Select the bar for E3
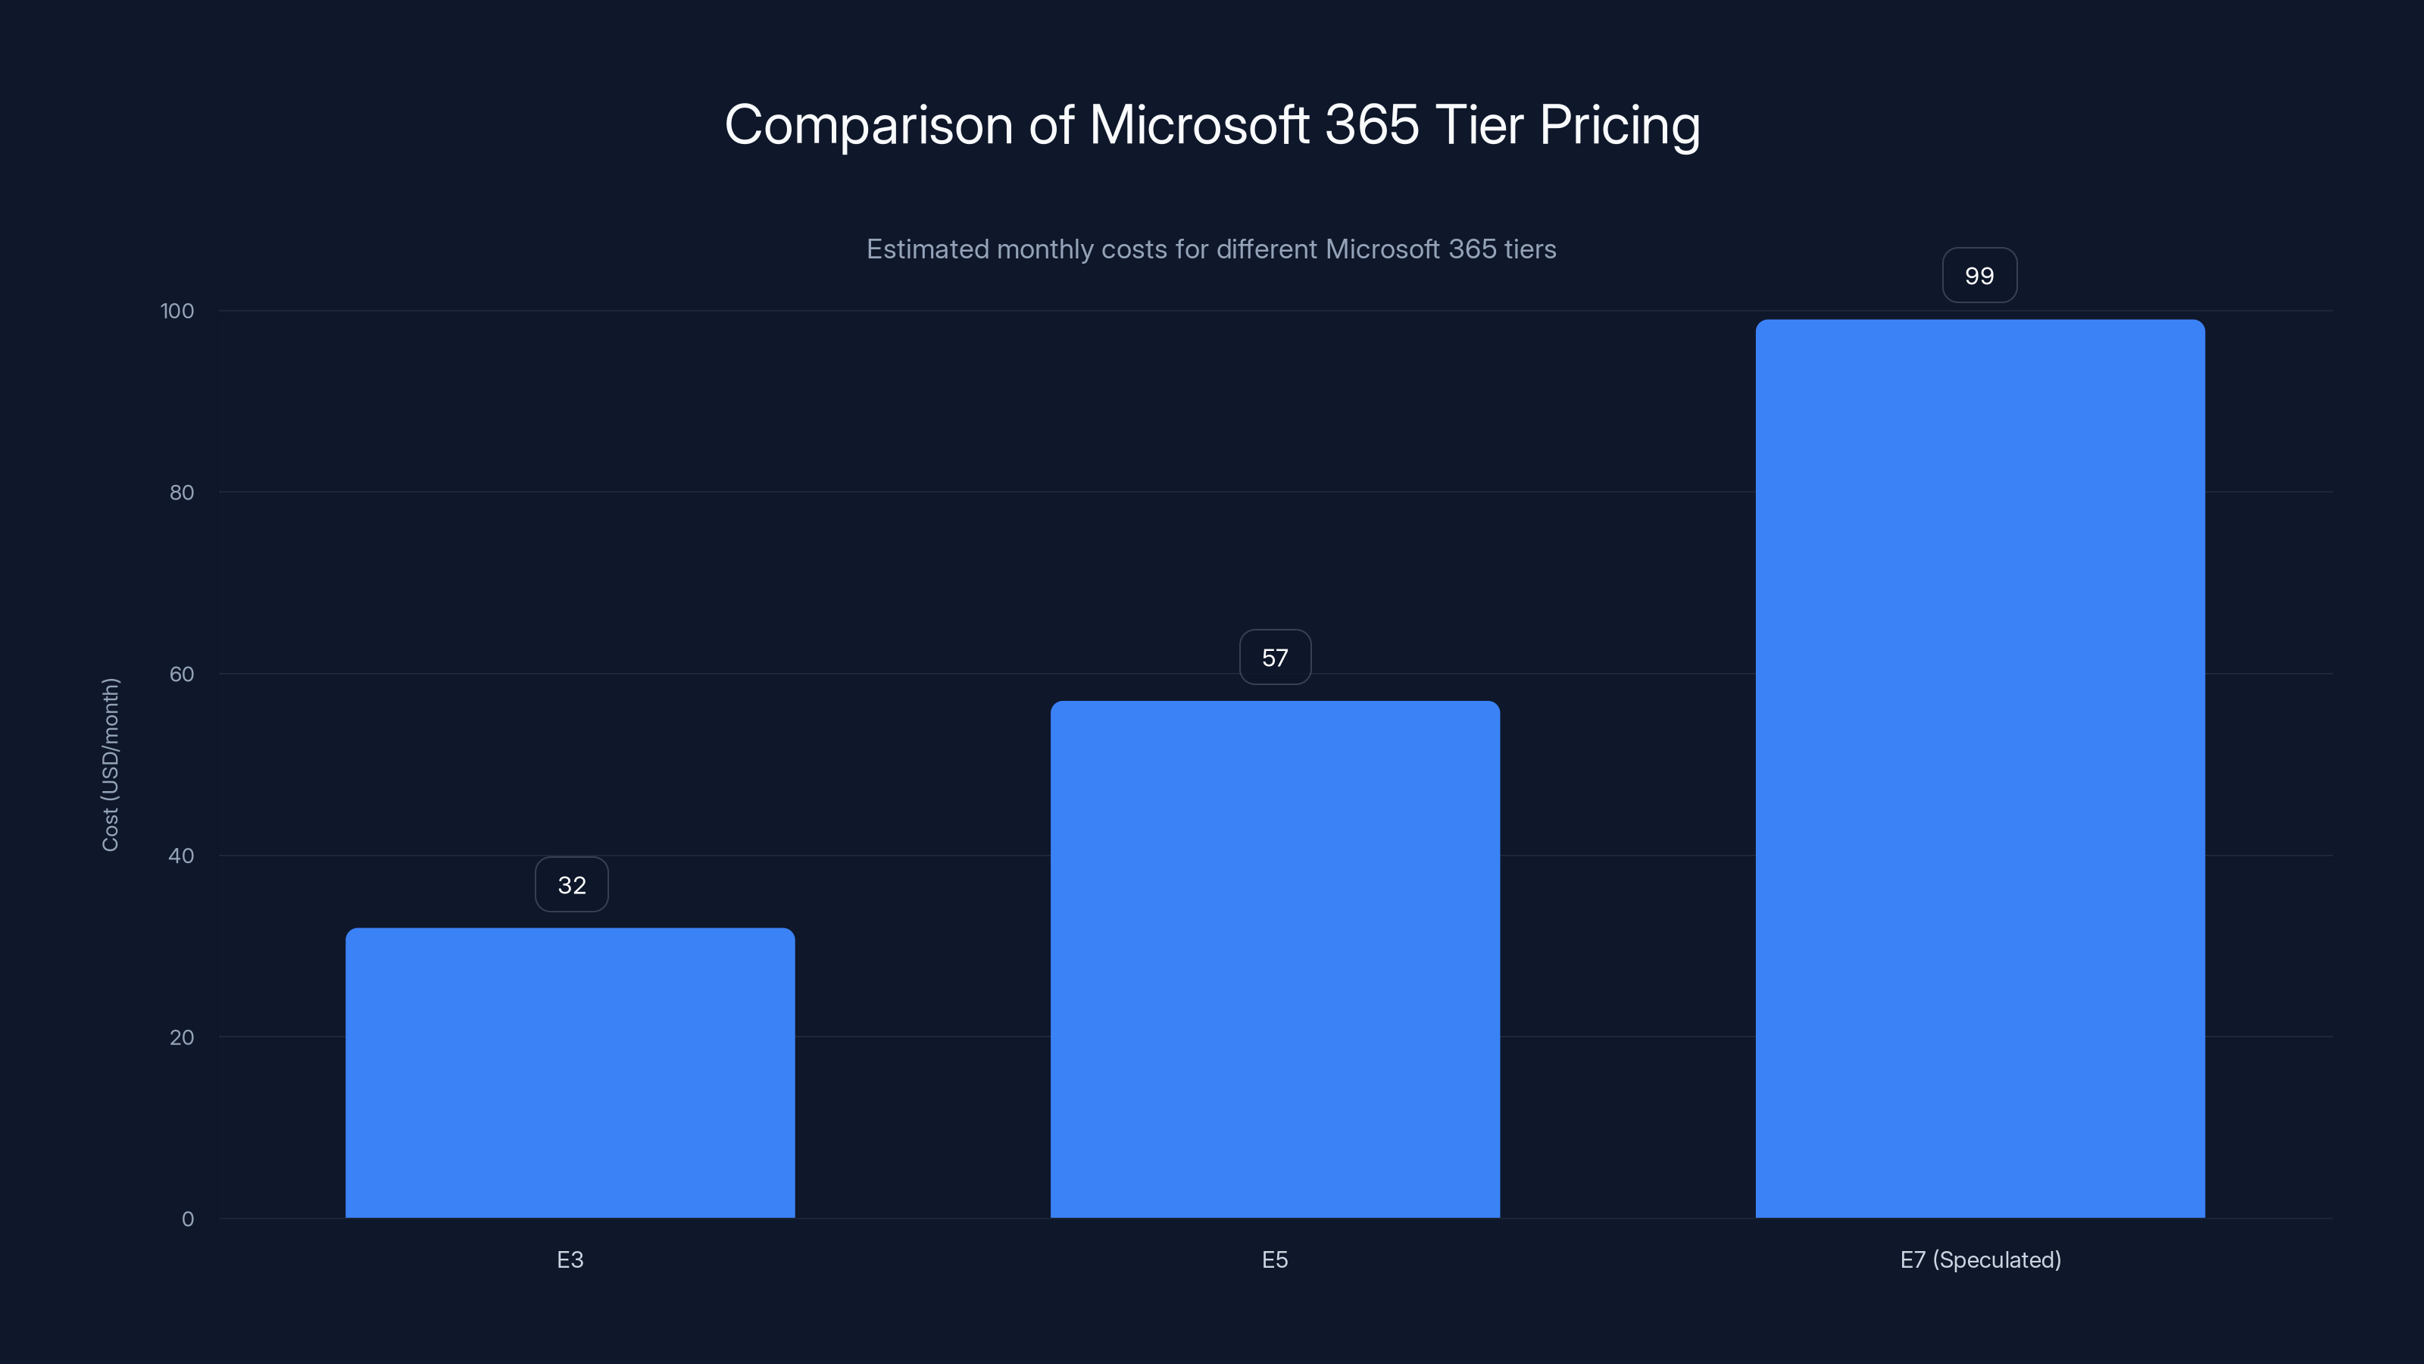(570, 1073)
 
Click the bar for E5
(1275, 959)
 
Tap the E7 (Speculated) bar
(1980, 768)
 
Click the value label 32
(571, 885)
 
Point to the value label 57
(1275, 658)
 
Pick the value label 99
(1979, 276)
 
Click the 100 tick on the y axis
(177, 311)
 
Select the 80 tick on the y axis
(182, 493)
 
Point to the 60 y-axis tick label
(182, 674)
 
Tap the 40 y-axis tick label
(182, 856)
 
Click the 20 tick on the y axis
(182, 1037)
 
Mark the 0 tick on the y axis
(187, 1219)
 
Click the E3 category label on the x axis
(570, 1259)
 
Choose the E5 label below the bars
(1275, 1259)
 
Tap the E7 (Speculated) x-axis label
(1980, 1259)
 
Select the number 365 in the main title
(1371, 124)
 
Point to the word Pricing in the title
(1620, 126)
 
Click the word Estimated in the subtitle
(927, 249)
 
